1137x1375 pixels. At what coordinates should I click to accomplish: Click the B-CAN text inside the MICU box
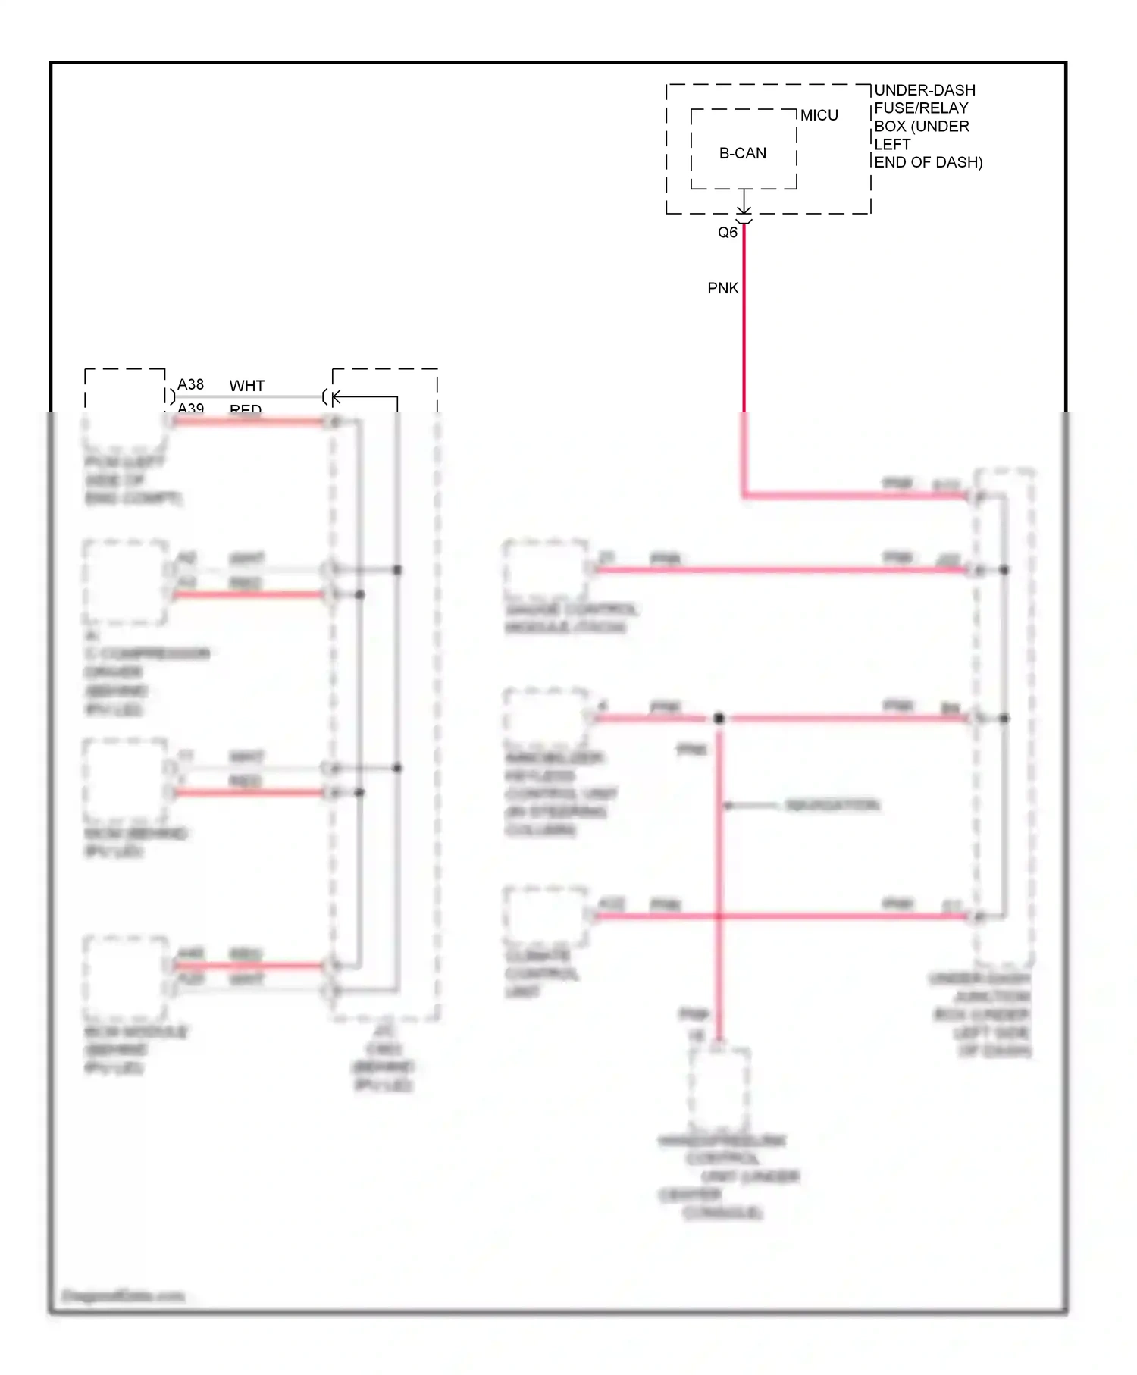coord(742,153)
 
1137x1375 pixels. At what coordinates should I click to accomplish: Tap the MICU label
coord(819,115)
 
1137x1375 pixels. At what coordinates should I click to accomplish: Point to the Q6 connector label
coord(727,233)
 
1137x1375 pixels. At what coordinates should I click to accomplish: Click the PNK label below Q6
coord(722,288)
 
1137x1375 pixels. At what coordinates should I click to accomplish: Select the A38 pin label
coord(190,384)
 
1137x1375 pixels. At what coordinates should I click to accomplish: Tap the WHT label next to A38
coord(246,386)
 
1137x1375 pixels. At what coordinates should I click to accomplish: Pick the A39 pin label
coord(190,408)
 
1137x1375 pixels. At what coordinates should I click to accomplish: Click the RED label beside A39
coord(246,409)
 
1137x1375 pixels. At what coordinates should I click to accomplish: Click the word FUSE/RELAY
coord(921,108)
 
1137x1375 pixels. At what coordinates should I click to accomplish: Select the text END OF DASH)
coord(928,162)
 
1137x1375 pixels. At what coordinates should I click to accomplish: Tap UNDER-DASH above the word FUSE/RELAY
coord(925,90)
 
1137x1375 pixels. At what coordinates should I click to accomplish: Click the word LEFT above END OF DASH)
coord(892,144)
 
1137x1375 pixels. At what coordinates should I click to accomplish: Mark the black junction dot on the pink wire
coord(719,718)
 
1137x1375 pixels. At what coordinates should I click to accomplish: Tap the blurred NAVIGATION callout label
coord(832,805)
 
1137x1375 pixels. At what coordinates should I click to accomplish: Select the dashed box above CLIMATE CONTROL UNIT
coord(546,916)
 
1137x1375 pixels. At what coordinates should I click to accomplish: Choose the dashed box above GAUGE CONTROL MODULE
coord(546,569)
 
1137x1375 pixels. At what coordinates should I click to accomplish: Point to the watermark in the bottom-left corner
coord(123,1296)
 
